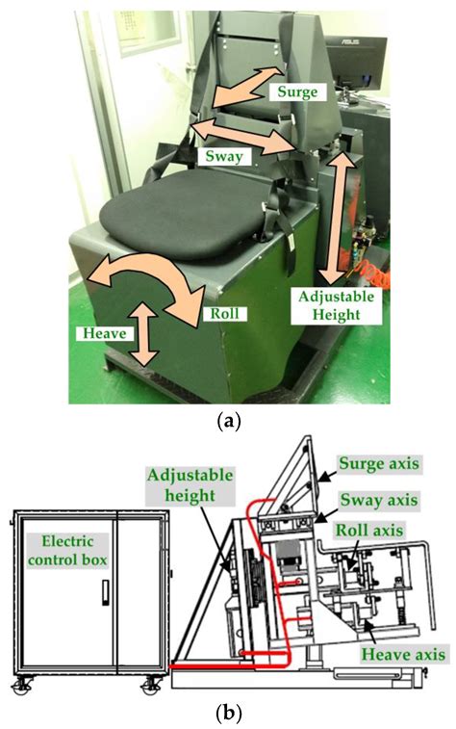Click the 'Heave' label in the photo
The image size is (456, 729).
103,330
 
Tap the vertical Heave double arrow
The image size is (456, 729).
144,333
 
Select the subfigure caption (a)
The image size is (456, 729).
227,420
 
